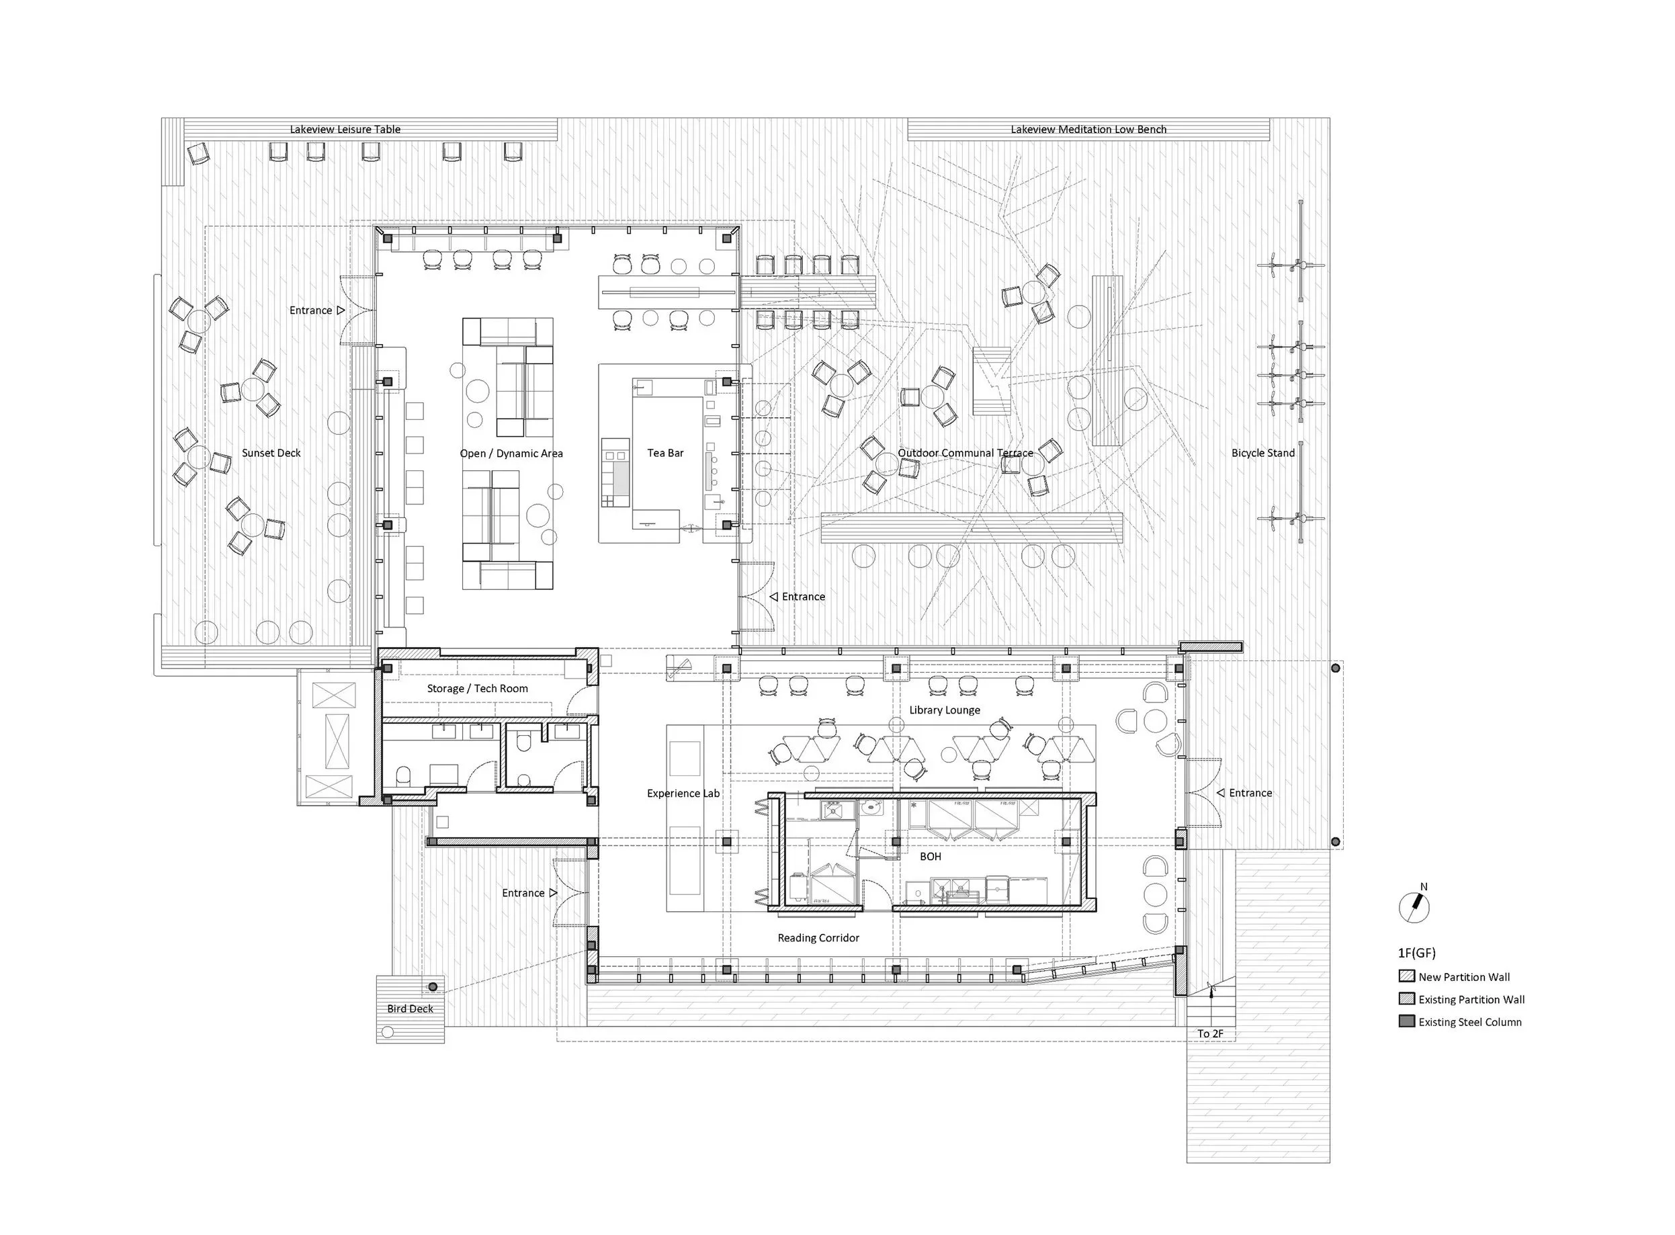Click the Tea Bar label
[665, 453]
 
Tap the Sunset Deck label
[271, 453]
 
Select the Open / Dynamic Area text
[511, 454]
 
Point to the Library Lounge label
[945, 710]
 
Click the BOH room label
[931, 857]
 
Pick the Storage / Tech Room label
[478, 689]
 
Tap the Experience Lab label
[683, 793]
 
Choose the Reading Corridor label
[818, 938]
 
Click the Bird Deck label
[411, 1009]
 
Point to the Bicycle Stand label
[1263, 453]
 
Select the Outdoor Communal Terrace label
[965, 453]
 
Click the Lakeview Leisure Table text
[345, 129]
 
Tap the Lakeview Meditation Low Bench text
[1089, 129]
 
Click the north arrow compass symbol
[1414, 907]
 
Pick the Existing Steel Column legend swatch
[1407, 1022]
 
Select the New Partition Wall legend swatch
[1407, 976]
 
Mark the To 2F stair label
[1210, 1034]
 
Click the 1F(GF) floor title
[1417, 953]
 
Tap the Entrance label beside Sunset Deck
[311, 310]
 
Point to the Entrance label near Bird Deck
[523, 894]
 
